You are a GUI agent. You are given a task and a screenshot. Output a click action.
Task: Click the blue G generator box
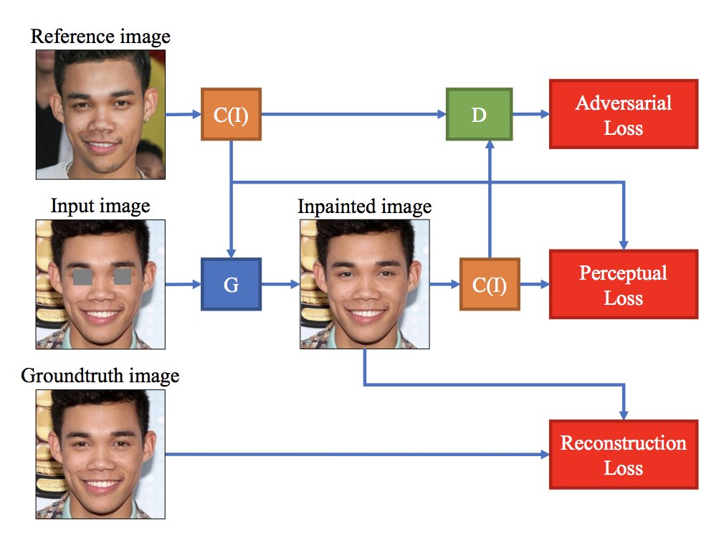[x=231, y=284]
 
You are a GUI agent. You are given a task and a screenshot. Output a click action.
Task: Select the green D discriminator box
[x=478, y=114]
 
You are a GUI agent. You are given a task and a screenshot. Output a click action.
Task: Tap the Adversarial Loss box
[x=623, y=115]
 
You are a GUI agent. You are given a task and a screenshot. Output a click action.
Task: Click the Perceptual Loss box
[x=623, y=284]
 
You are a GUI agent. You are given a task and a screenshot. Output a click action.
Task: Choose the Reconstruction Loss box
[x=623, y=455]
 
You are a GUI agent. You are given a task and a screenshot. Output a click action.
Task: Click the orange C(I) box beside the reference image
[x=231, y=114]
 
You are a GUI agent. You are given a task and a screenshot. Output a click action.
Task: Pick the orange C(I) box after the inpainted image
[x=490, y=284]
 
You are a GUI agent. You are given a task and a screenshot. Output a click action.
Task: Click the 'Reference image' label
[x=100, y=36]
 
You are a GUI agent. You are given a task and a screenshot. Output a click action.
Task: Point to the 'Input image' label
[x=100, y=207]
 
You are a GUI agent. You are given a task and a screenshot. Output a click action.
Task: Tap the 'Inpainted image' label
[x=365, y=207]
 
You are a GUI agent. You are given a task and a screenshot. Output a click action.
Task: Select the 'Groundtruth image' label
[x=100, y=376]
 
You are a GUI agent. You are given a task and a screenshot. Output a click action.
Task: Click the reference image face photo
[x=101, y=114]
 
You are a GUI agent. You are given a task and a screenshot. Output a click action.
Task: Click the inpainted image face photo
[x=365, y=284]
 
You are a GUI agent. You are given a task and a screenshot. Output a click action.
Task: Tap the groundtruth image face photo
[x=101, y=454]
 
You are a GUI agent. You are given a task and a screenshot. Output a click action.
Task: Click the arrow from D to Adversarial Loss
[x=530, y=114]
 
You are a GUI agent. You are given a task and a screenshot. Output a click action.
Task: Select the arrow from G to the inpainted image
[x=280, y=284]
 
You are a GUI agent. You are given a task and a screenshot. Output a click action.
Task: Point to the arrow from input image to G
[x=183, y=284]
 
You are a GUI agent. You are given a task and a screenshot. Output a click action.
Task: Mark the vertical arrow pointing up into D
[x=490, y=201]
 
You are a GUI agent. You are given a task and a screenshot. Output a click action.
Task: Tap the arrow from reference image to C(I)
[x=183, y=114]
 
